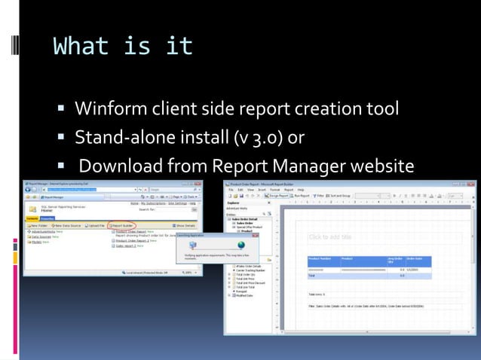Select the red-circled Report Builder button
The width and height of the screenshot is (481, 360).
pos(123,224)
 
